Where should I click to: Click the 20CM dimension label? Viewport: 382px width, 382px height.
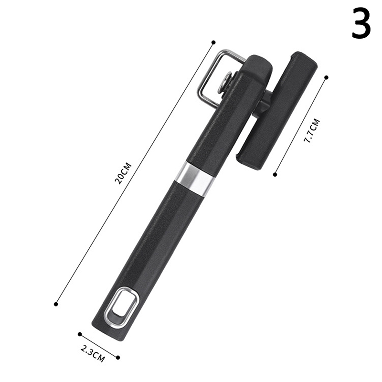pyautogui.click(x=123, y=173)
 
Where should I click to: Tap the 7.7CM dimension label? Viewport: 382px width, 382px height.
pyautogui.click(x=311, y=130)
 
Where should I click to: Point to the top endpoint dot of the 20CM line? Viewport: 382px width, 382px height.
pyautogui.click(x=213, y=42)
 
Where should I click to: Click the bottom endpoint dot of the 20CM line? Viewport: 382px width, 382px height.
pyautogui.click(x=56, y=304)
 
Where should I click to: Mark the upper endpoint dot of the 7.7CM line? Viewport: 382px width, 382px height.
pyautogui.click(x=327, y=77)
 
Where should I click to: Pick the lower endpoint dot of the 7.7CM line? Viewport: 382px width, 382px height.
pyautogui.click(x=275, y=174)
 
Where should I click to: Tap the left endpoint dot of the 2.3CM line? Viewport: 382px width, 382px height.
pyautogui.click(x=80, y=334)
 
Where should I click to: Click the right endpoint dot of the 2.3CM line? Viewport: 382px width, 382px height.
pyautogui.click(x=118, y=358)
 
